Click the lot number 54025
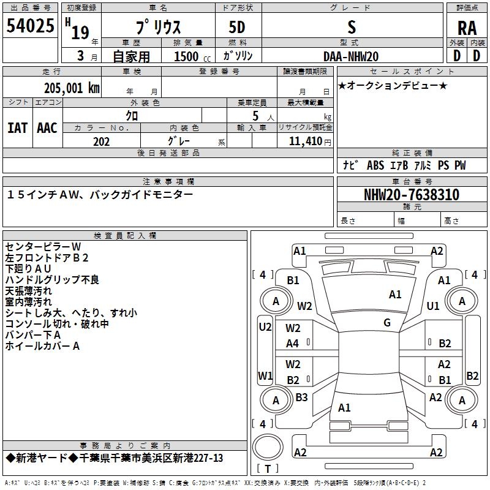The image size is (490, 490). pyautogui.click(x=30, y=26)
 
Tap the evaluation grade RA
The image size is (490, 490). pyautogui.click(x=467, y=28)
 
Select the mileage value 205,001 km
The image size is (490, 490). pyautogui.click(x=72, y=88)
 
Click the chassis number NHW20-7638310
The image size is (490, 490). pyautogui.click(x=412, y=195)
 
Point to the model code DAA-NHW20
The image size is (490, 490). pyautogui.click(x=351, y=56)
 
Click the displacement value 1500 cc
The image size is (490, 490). pyautogui.click(x=192, y=56)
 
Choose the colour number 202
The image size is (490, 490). pyautogui.click(x=101, y=141)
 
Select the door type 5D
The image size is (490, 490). pyautogui.click(x=237, y=28)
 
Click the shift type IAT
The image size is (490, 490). pyautogui.click(x=17, y=128)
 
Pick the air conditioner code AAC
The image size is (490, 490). pyautogui.click(x=47, y=128)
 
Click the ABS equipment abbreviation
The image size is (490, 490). pyautogui.click(x=375, y=165)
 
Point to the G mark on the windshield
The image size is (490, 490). pyautogui.click(x=387, y=323)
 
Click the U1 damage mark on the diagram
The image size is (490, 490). pyautogui.click(x=433, y=306)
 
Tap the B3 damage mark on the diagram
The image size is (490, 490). pyautogui.click(x=301, y=397)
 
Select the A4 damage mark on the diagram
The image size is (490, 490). pyautogui.click(x=292, y=344)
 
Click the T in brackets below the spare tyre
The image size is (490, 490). pyautogui.click(x=268, y=469)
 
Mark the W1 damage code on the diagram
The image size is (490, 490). pyautogui.click(x=265, y=376)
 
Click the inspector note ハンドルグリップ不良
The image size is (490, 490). pyautogui.click(x=52, y=280)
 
